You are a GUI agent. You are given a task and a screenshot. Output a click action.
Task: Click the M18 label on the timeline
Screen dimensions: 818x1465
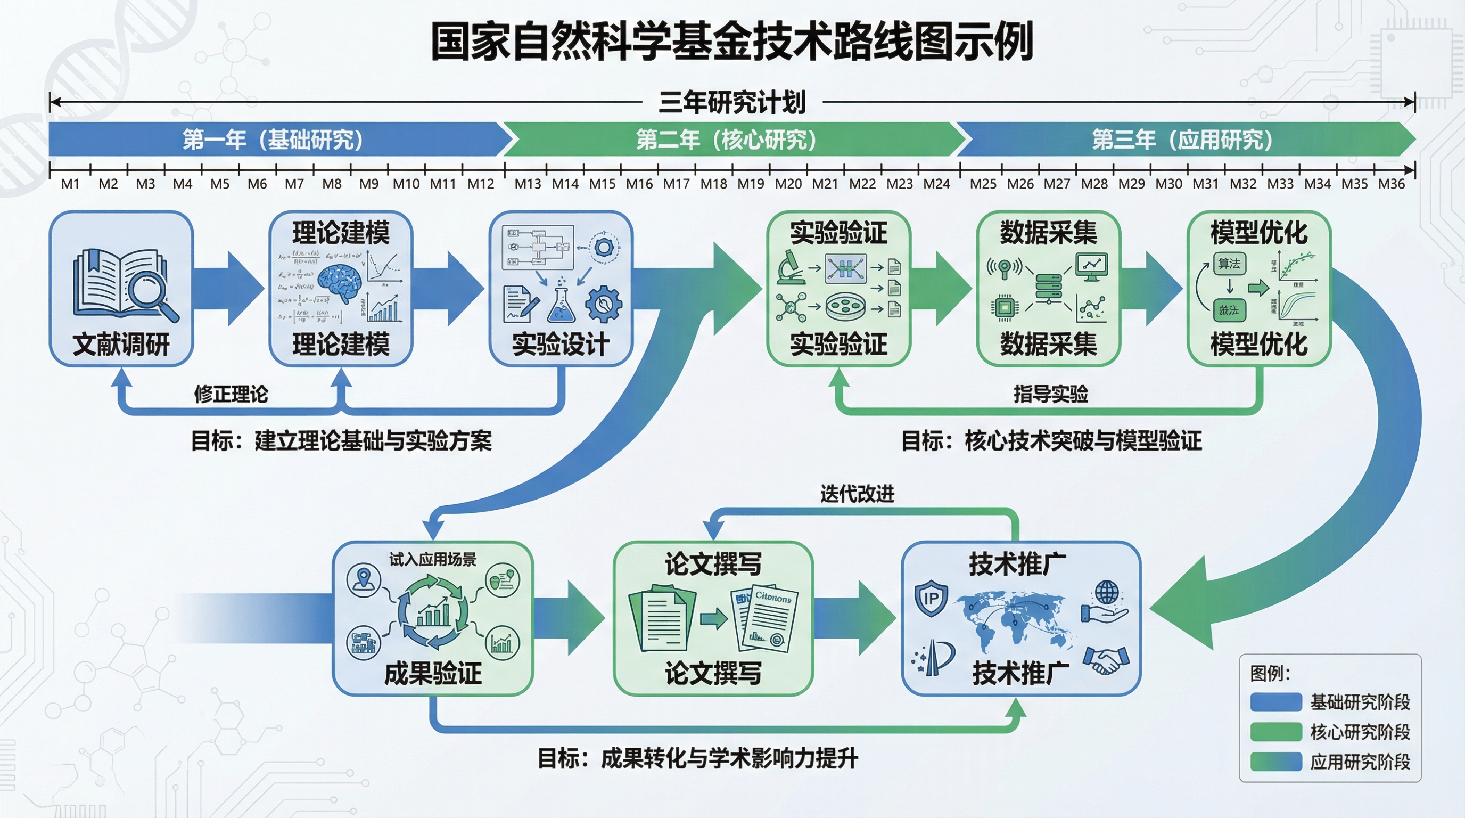[713, 184]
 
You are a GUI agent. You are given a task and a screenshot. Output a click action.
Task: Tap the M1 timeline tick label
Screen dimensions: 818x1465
[70, 184]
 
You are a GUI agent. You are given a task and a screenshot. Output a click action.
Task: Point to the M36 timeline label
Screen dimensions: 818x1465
[1391, 184]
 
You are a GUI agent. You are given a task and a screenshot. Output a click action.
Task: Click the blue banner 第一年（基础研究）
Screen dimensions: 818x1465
[273, 140]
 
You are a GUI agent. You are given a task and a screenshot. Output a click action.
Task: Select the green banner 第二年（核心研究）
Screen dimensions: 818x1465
[726, 140]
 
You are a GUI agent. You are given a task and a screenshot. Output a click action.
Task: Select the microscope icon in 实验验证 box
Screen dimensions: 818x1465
[791, 267]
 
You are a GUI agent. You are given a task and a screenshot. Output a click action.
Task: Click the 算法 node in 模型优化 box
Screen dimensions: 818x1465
[1229, 264]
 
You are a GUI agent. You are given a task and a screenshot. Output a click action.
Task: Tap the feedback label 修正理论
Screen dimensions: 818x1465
[231, 394]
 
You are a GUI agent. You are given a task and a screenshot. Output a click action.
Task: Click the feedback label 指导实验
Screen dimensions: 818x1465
[1050, 394]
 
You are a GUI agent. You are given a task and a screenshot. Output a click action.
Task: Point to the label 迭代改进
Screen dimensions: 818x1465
[857, 494]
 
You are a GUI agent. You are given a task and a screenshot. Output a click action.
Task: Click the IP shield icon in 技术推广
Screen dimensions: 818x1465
[931, 598]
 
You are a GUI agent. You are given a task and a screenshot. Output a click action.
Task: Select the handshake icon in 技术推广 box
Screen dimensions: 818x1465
[1106, 660]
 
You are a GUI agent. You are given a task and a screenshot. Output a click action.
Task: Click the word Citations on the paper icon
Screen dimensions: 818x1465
[773, 598]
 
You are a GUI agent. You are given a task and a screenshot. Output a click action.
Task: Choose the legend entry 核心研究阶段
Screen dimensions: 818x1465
[1360, 732]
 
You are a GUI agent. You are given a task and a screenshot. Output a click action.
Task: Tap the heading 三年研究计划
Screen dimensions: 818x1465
[732, 102]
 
